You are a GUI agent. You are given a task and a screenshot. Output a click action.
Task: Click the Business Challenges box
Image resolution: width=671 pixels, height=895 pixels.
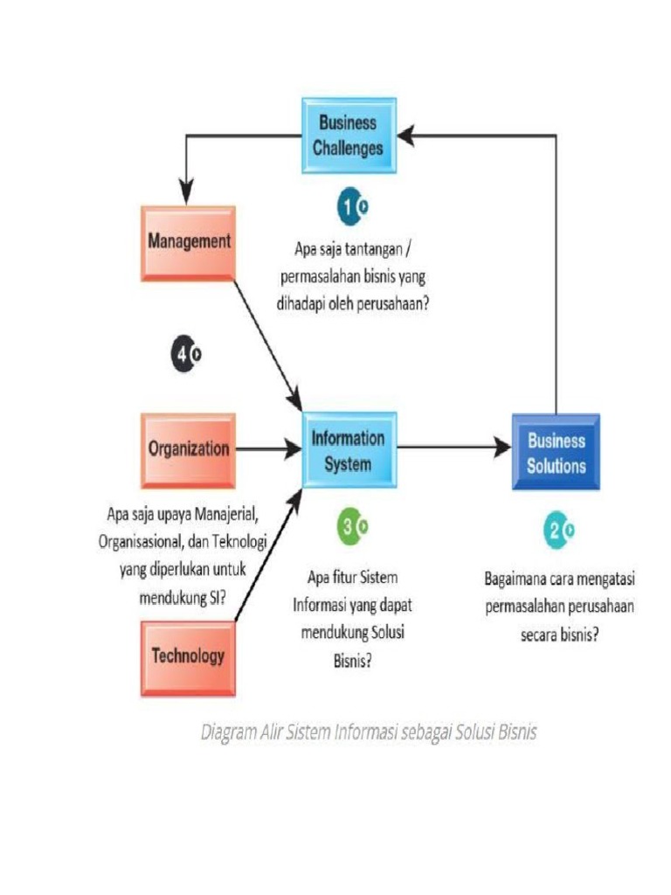349,135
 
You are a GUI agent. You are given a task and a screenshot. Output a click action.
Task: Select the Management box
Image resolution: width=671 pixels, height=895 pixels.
189,241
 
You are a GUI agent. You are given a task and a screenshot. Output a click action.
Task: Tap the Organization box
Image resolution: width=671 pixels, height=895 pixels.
189,449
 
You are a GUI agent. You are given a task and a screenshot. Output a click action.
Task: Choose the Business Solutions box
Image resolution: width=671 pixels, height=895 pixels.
556,453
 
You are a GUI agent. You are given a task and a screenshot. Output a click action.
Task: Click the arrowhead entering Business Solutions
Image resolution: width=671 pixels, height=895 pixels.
503,448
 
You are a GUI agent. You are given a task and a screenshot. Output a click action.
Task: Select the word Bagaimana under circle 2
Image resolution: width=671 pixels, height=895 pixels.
515,579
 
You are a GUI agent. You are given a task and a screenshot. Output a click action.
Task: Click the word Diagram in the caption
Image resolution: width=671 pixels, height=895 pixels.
225,732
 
